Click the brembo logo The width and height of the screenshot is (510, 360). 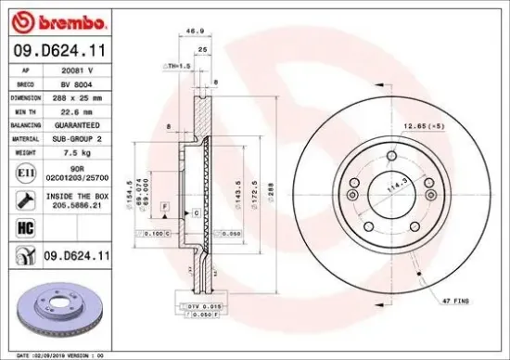click(57, 21)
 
